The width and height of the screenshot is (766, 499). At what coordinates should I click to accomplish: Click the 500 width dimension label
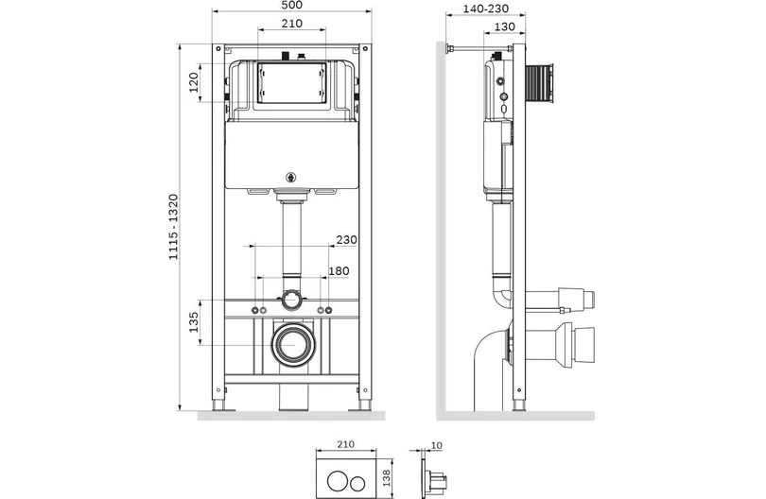click(291, 5)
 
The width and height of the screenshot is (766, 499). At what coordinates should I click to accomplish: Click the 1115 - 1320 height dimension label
click(173, 227)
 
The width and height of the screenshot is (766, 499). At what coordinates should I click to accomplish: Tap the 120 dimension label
click(194, 82)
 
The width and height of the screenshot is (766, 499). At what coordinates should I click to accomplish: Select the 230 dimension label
click(346, 240)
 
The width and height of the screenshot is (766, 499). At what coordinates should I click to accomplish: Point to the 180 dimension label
click(339, 270)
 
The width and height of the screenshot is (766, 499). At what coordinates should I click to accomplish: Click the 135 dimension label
click(194, 322)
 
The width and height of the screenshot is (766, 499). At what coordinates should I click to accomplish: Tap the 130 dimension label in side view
click(504, 26)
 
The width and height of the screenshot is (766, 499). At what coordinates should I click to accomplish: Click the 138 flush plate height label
click(387, 478)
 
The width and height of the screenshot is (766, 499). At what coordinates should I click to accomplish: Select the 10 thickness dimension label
click(437, 445)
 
